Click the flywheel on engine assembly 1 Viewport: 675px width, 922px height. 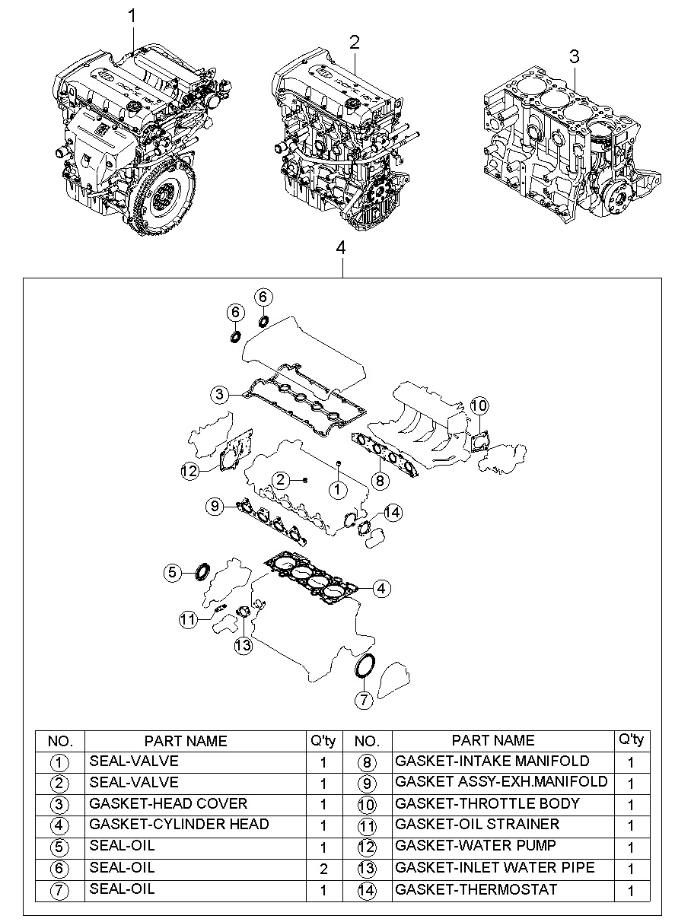(x=167, y=201)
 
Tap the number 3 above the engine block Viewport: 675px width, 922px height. (x=574, y=56)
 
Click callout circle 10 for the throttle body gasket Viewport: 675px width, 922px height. (x=479, y=405)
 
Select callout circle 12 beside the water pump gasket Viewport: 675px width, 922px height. (x=189, y=471)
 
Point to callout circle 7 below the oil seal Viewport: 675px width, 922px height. (x=364, y=700)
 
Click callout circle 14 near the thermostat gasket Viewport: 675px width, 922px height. (x=393, y=513)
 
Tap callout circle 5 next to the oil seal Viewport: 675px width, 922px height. (x=173, y=572)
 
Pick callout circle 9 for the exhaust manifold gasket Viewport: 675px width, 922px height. (x=215, y=506)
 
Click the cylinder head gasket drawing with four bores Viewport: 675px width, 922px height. (x=312, y=578)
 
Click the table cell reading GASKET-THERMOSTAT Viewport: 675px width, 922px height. (x=476, y=890)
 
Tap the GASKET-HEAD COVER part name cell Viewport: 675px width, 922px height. (x=168, y=803)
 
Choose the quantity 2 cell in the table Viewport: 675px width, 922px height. (x=323, y=869)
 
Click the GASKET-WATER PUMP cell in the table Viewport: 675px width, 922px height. (x=476, y=846)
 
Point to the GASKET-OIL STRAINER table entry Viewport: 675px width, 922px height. (x=477, y=825)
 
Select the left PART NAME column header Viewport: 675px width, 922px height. (x=186, y=741)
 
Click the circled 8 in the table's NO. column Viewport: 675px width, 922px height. (x=367, y=763)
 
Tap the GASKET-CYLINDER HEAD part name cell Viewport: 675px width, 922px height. (x=179, y=825)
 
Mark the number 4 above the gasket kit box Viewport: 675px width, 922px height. (x=341, y=248)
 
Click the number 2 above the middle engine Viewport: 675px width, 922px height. (x=354, y=42)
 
